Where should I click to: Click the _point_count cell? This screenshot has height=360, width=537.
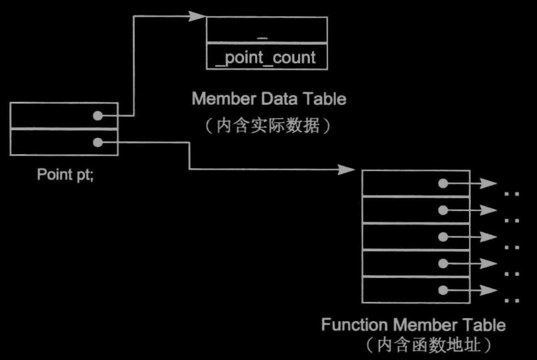click(266, 57)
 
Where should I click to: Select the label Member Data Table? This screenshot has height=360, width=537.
click(268, 99)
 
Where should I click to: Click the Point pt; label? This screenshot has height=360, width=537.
click(65, 174)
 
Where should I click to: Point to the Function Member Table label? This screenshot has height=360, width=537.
click(413, 325)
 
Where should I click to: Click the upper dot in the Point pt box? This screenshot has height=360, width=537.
click(98, 116)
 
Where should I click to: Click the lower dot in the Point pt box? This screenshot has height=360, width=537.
click(98, 142)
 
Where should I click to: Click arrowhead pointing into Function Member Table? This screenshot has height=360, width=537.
click(348, 170)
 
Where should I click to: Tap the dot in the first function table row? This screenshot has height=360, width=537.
click(443, 183)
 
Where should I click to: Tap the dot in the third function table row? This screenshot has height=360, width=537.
click(443, 237)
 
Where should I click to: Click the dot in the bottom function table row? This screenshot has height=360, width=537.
click(443, 290)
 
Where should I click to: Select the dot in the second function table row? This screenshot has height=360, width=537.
click(443, 210)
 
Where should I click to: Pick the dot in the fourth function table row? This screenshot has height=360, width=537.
click(443, 263)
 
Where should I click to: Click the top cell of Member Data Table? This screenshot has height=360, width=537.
click(266, 30)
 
